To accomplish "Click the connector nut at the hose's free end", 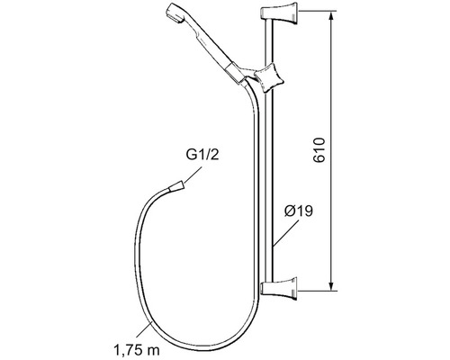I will [178, 188].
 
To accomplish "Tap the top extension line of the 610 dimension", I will [315, 13].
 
